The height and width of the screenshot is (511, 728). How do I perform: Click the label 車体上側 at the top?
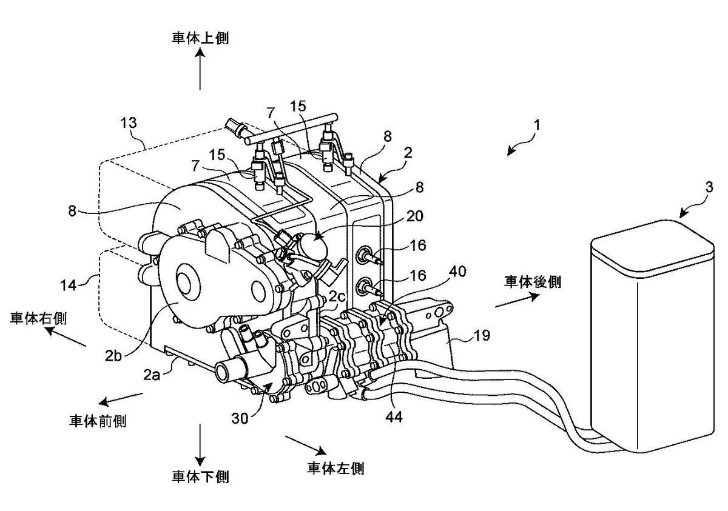point(201,38)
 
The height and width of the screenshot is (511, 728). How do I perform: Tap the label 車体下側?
point(201,477)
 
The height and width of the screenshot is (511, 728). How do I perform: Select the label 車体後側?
point(533,281)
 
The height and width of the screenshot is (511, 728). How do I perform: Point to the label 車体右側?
point(38,318)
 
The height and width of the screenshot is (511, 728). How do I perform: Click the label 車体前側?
point(98,421)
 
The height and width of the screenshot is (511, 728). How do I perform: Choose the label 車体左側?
point(335,469)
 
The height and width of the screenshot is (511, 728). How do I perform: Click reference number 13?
point(129,122)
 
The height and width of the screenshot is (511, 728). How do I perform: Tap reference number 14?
point(69,286)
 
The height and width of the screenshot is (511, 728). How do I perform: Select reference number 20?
point(415,216)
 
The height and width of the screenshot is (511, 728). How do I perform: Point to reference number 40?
point(457,271)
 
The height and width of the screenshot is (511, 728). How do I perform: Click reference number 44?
point(394,417)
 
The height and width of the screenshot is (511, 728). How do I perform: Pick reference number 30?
point(240,418)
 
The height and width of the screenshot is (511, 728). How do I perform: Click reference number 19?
point(482,335)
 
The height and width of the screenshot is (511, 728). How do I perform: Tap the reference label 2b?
point(113,356)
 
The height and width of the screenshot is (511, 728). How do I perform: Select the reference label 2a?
point(152,375)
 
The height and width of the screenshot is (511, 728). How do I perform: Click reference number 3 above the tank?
point(709,187)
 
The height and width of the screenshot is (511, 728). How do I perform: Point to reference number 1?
point(537,125)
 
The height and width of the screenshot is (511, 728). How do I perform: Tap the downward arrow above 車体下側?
point(200,444)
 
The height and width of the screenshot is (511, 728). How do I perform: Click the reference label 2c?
point(337,296)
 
